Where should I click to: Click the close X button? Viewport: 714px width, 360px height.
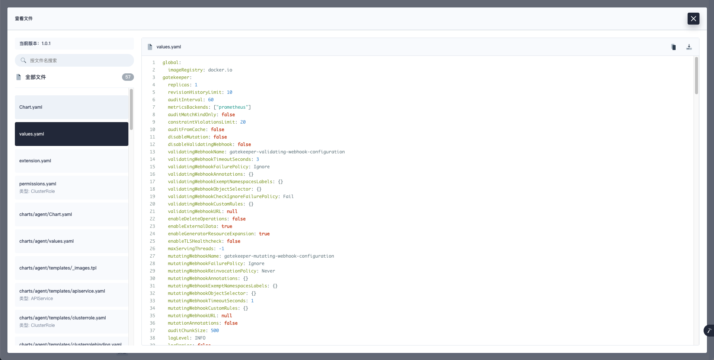693,19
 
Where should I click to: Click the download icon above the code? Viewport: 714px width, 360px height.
689,47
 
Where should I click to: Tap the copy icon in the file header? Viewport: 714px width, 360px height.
673,47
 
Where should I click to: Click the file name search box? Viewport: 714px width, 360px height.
74,60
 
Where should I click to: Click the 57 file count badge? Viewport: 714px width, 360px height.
128,77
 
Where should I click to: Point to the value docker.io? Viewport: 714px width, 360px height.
220,70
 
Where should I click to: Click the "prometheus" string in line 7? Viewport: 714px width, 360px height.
232,107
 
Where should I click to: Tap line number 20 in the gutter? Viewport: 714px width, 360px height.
153,204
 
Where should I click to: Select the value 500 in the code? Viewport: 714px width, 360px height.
215,331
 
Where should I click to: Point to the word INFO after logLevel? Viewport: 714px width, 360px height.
200,338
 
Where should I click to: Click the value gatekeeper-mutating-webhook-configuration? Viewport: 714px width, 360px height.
279,256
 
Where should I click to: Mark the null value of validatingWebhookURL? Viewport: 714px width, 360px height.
232,211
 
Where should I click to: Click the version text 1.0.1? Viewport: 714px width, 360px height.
46,44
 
